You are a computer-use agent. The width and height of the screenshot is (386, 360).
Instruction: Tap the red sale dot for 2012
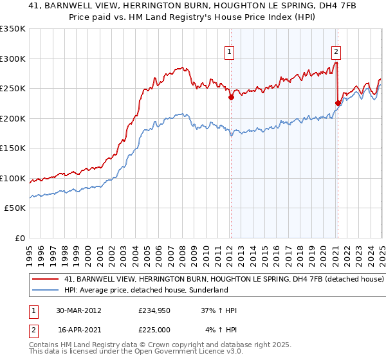coord(231,98)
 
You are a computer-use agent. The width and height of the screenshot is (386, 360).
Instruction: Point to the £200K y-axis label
coord(14,118)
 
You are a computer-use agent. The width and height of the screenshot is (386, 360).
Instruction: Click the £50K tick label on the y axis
coord(15,208)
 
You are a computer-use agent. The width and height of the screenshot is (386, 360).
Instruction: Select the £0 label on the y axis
coord(21,238)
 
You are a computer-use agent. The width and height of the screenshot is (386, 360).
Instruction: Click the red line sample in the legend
coord(46,280)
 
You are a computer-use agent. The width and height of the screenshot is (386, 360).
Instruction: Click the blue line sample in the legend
coord(46,291)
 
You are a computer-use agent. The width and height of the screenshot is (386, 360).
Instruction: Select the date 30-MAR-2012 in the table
coord(79,310)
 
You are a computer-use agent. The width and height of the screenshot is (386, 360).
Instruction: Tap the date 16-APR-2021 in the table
coord(79,329)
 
